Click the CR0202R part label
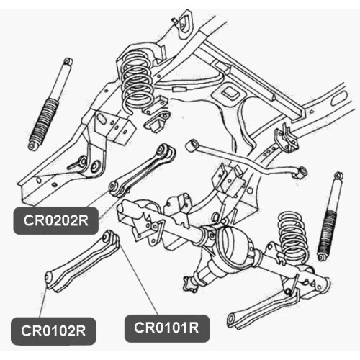point(55,220)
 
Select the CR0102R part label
point(53,331)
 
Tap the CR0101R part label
point(167,328)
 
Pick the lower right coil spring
point(293,236)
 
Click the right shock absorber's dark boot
point(328,232)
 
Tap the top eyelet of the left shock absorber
point(68,61)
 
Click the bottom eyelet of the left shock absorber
point(32,145)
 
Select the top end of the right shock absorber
point(338,176)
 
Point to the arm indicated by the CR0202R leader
point(142,171)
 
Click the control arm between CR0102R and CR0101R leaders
point(82,261)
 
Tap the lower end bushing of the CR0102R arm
point(49,279)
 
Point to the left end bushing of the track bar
point(191,145)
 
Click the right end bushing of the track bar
point(301,172)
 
